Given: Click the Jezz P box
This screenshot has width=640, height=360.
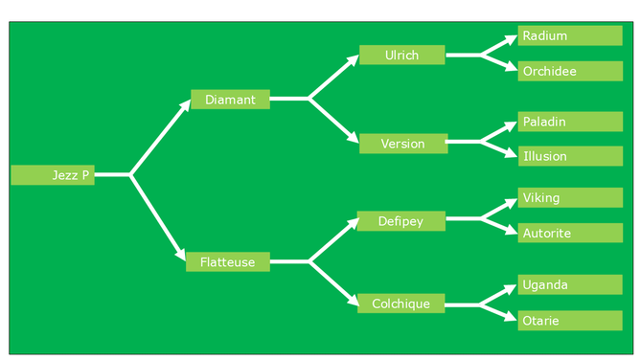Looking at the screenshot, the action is (x=53, y=175).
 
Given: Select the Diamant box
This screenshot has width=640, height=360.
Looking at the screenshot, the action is (x=230, y=100).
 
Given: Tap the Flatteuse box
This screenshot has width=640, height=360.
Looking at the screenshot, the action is (x=228, y=261).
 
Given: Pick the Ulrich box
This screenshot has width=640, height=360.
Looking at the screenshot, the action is (x=402, y=55).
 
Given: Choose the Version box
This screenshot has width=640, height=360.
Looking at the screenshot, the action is (x=403, y=144).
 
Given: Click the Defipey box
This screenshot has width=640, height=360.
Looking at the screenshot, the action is (x=401, y=221).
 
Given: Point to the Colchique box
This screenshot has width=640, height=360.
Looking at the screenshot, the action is (x=400, y=304).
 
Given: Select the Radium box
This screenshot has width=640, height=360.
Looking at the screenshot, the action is (x=570, y=35).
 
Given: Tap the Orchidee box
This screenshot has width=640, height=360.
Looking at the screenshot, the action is (x=570, y=71).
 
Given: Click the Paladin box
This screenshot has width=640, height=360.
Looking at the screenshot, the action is (x=570, y=122).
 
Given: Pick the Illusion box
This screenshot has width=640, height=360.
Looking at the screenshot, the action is (x=570, y=156).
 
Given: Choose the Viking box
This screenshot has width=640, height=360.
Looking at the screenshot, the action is (x=570, y=198).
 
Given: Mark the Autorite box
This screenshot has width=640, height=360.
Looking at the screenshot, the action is (x=570, y=233).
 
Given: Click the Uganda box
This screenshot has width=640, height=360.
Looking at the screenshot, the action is (x=570, y=284).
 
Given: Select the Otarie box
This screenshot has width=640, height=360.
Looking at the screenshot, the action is (x=570, y=321).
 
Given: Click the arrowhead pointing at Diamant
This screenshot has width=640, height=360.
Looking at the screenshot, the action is (x=186, y=104).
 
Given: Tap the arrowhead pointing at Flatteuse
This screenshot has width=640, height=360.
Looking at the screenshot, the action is (x=181, y=255).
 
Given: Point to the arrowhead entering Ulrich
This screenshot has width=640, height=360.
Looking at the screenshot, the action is (x=354, y=60).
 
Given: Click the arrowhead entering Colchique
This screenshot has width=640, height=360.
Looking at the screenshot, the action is (x=353, y=301).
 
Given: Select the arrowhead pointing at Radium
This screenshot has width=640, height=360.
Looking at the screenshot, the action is (x=512, y=39).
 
